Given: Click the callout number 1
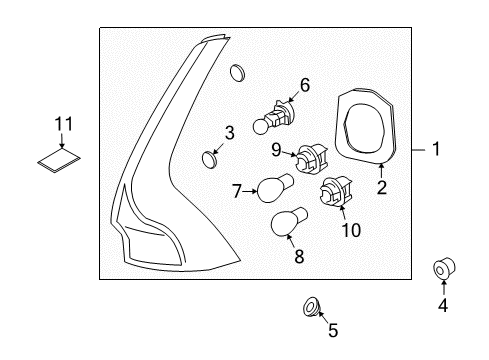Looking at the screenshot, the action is tap(436, 149).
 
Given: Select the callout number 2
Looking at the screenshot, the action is tap(382, 187).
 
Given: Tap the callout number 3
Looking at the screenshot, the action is tap(229, 133).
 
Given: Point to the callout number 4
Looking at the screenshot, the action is tap(443, 305).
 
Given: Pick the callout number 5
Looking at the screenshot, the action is tap(333, 330).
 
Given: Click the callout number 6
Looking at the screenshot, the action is tap(305, 85).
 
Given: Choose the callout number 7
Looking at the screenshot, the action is tap(237, 191).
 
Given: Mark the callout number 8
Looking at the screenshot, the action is tap(299, 256).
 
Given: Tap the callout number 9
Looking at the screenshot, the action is tap(276, 150).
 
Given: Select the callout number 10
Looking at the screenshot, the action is tap(351, 230).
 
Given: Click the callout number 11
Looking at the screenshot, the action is tap(63, 124).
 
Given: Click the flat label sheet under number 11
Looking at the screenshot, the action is tap(59, 160).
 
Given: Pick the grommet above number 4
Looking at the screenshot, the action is tap(444, 269).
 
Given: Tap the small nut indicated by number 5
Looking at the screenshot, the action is tap(312, 306).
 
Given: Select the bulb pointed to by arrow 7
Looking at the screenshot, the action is tap(276, 188).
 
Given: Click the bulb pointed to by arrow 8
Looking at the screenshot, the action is tap(289, 221).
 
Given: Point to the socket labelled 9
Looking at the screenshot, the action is tap(311, 158).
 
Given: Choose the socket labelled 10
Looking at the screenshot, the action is tap(336, 192).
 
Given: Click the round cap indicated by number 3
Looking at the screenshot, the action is tap(210, 159).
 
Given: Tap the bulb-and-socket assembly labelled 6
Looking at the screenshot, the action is tap(274, 117).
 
